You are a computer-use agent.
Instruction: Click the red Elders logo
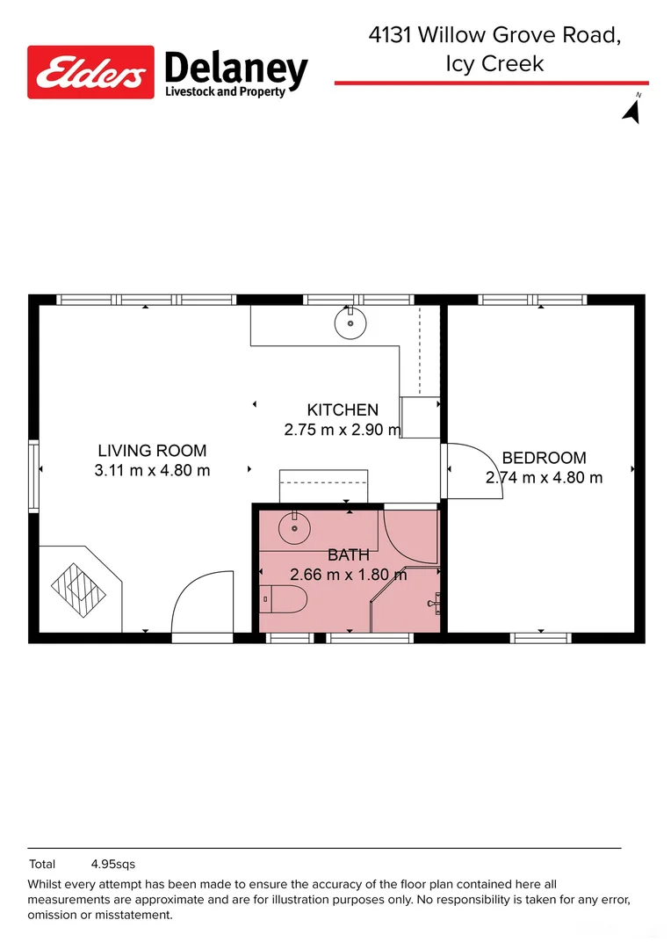coord(90,72)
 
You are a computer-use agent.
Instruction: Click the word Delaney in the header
coord(236,69)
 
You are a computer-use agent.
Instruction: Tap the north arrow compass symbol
coord(632,111)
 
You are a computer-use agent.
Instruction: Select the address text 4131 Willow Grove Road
coord(494,35)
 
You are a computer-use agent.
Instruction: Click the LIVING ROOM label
coord(153,450)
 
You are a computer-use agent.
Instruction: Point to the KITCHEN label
coord(343,409)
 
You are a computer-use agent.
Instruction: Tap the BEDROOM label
coord(544,458)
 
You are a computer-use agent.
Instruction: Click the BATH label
coord(349,554)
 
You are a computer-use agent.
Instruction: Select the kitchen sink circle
coord(350,323)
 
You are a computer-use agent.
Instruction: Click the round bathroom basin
coord(294,528)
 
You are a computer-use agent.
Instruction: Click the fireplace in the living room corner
coord(79,590)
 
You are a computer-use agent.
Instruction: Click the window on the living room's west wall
coord(34,477)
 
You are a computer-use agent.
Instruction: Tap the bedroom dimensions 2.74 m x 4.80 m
coord(544,477)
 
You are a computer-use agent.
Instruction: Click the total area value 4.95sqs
coord(113,865)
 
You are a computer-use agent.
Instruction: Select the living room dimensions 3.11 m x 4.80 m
coord(153,470)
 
